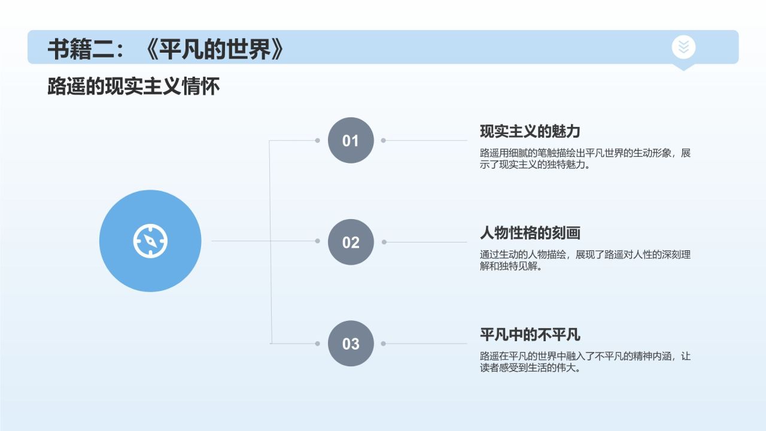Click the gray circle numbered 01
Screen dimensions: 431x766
tap(351, 141)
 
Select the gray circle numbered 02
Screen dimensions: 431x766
tap(351, 242)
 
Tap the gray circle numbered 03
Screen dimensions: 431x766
tap(351, 344)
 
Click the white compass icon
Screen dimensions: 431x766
tap(150, 241)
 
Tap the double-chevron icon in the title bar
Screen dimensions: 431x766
tap(683, 47)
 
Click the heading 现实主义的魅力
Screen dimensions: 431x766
tap(530, 132)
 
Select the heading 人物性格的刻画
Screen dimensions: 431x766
tap(530, 233)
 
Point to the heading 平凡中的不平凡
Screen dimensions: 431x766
tap(530, 335)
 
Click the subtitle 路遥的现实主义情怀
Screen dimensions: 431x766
tap(133, 87)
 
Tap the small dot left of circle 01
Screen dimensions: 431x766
tap(318, 141)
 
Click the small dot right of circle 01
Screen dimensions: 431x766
tap(384, 141)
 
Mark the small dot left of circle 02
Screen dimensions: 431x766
tap(318, 241)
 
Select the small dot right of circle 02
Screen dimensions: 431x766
tap(384, 242)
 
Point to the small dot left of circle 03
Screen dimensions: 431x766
tap(318, 344)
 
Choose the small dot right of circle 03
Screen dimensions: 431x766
tap(384, 344)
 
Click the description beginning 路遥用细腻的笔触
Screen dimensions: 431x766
tap(585, 159)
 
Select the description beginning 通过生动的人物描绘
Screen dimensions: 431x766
tap(585, 260)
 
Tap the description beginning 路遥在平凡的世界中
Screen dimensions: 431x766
tap(585, 362)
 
